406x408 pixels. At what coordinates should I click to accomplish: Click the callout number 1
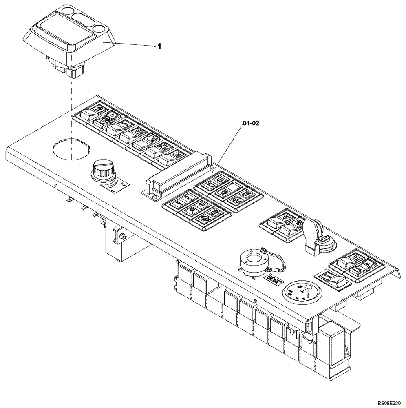coord(159,47)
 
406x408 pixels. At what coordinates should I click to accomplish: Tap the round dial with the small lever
coord(302,291)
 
